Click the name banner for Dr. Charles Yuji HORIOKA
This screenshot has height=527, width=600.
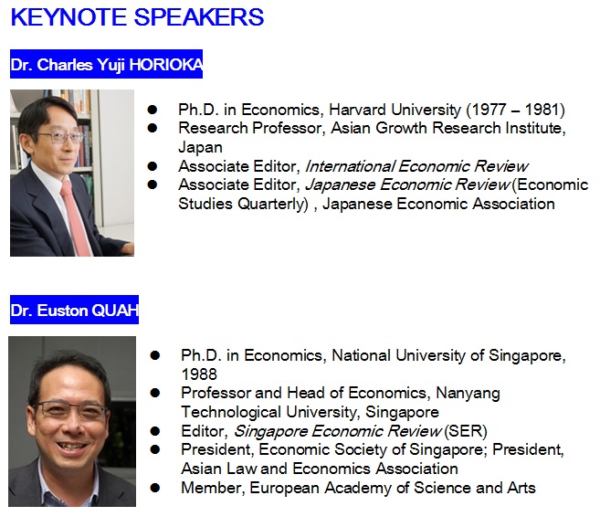point(106,64)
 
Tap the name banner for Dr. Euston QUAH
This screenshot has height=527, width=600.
point(74,310)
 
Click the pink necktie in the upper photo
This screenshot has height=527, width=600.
point(75,217)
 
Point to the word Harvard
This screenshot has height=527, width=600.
point(357,110)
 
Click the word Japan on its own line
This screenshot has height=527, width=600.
point(200,147)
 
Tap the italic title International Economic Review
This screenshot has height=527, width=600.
point(416,166)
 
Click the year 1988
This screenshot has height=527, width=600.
point(199,374)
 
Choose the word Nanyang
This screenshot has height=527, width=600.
point(468,394)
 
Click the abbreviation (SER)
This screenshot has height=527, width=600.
point(466,431)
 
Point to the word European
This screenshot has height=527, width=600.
point(284,488)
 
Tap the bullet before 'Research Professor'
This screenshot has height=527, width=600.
point(152,128)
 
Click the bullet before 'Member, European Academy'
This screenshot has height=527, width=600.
point(155,488)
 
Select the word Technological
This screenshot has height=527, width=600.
point(231,412)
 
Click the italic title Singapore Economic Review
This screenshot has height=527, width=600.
point(338,431)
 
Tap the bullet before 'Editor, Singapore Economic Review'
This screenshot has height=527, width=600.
point(155,431)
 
